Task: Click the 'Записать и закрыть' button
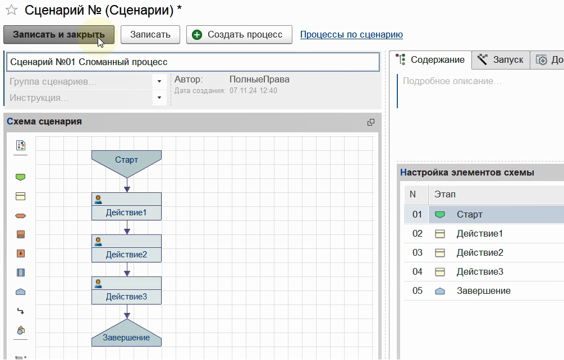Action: [x=58, y=35]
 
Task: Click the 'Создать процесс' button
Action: [x=239, y=35]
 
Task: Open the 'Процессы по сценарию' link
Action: [x=351, y=35]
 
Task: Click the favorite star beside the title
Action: [x=12, y=10]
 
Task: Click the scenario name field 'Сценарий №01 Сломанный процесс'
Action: [x=193, y=62]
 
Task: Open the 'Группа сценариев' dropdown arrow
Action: [x=159, y=81]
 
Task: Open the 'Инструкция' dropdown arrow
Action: [x=159, y=98]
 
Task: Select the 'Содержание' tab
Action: [x=430, y=59]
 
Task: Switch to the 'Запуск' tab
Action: [x=501, y=59]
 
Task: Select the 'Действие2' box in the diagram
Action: [x=127, y=248]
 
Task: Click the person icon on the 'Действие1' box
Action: [x=98, y=200]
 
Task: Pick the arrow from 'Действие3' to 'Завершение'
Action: [x=127, y=312]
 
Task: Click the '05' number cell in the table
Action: [x=417, y=290]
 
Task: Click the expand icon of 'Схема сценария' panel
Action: [x=371, y=122]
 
